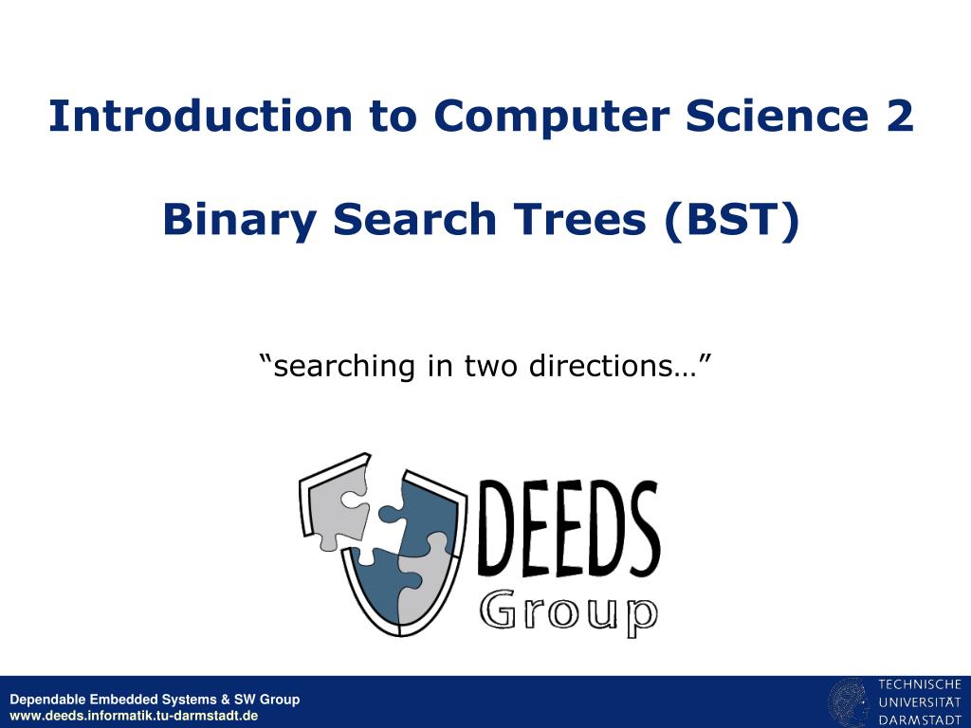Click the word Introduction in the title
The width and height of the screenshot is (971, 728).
[201, 116]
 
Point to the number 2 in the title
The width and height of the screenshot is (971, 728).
[900, 116]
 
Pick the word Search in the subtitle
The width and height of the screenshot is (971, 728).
[415, 219]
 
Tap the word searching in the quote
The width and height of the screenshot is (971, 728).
[343, 367]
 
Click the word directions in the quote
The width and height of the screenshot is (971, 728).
[601, 365]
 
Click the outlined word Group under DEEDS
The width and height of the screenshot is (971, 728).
[569, 612]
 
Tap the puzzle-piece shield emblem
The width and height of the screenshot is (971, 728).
[383, 545]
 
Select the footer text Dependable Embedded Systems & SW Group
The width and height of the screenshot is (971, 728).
[155, 700]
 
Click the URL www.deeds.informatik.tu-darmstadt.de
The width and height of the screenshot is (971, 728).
[134, 717]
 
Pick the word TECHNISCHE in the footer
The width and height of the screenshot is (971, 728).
[920, 684]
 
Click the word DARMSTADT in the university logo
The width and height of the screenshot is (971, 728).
[920, 720]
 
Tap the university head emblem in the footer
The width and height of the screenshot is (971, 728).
[849, 702]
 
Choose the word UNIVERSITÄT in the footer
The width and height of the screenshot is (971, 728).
[920, 702]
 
